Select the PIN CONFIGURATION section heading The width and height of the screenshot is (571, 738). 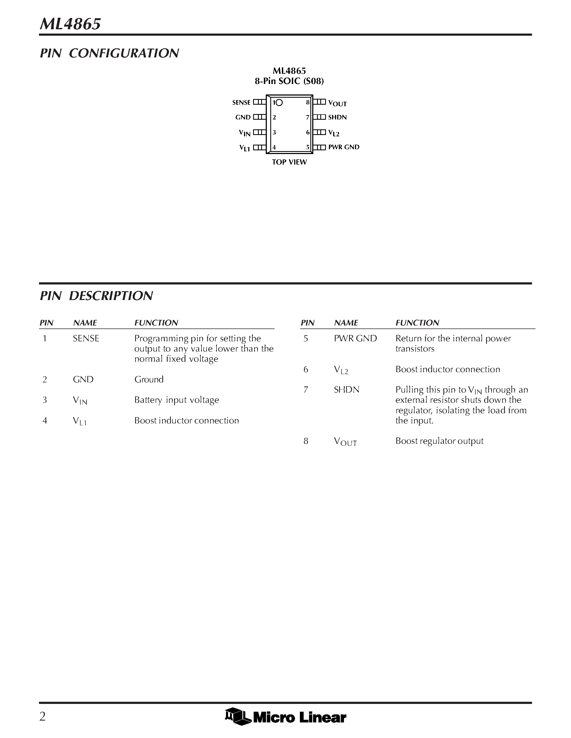tap(109, 53)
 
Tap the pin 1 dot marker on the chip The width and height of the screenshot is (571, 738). tap(279, 102)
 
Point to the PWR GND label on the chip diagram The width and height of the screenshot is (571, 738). tap(344, 147)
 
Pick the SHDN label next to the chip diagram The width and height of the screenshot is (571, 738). tap(337, 117)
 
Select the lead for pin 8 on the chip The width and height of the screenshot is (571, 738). tap(319, 102)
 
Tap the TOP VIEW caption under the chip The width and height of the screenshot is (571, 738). tap(289, 162)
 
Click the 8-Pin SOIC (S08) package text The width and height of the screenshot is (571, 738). tap(289, 81)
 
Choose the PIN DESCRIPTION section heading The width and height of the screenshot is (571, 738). tap(96, 296)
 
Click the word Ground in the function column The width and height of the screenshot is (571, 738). tap(149, 379)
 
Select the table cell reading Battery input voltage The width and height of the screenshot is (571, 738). tap(177, 400)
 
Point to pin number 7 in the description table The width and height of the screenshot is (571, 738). tap(306, 390)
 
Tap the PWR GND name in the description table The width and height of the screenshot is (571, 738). tap(355, 339)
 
